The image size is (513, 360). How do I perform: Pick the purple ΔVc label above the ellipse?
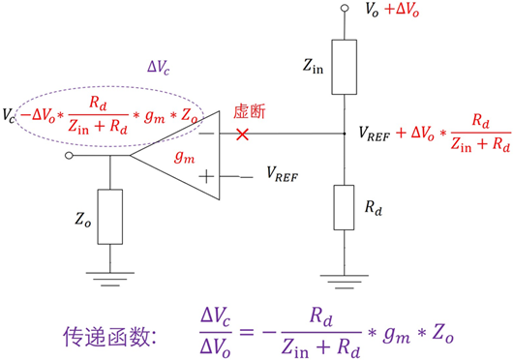coord(159,70)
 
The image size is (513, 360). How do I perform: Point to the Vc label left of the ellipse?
coord(10,117)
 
